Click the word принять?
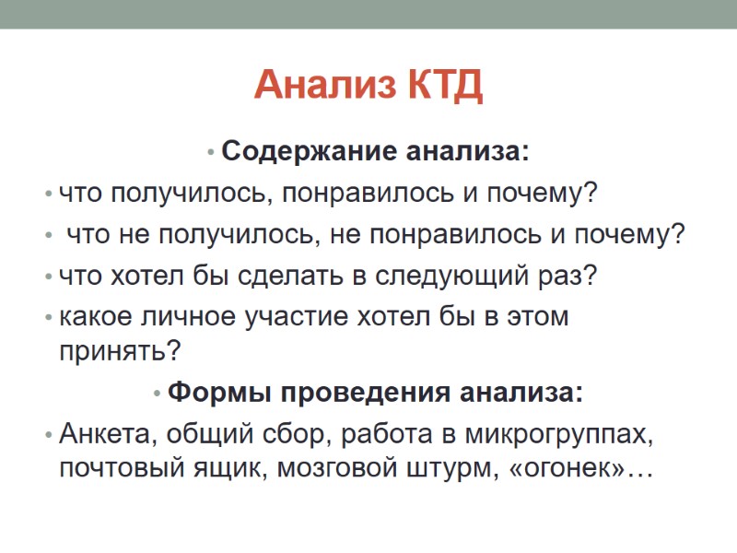(120, 351)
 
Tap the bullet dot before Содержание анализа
(212, 152)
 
